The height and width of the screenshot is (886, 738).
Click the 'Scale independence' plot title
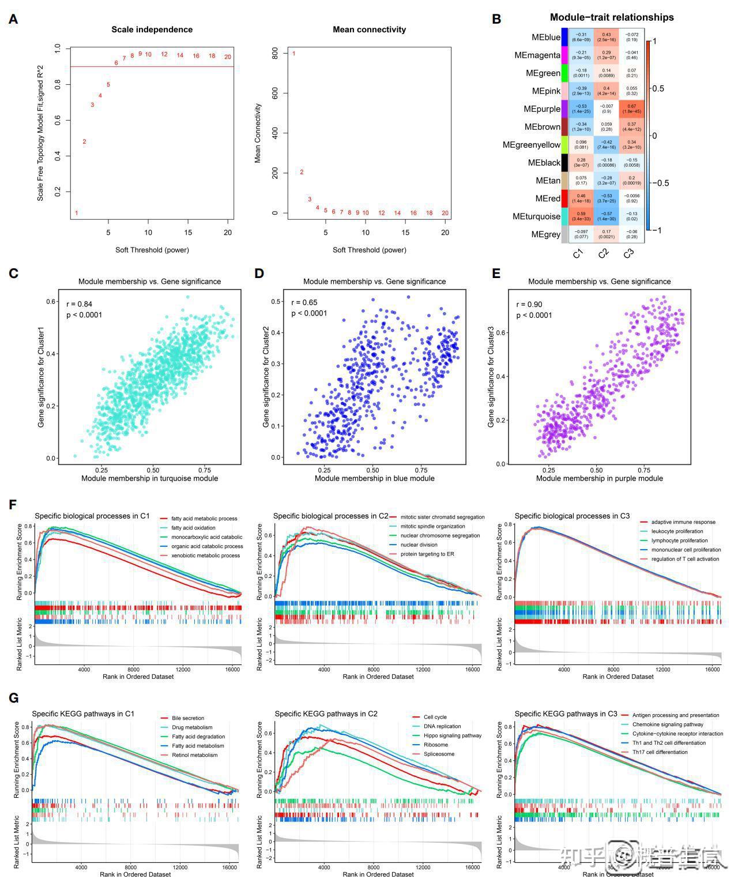coord(152,29)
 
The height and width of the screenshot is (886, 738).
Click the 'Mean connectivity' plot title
coord(369,29)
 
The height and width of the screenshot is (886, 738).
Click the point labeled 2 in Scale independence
coord(84,142)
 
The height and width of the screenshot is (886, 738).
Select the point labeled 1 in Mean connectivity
coord(293,54)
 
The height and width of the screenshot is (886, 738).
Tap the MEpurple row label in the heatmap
coord(542,109)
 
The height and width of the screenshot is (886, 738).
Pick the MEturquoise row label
coord(536,217)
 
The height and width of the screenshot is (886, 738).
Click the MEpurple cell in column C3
coord(632,109)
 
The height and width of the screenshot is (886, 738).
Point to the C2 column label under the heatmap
coord(603,253)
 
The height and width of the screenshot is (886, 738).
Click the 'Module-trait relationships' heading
coord(612,17)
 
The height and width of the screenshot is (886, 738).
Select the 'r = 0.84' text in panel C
coord(80,304)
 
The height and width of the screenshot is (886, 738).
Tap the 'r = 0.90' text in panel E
coord(529,305)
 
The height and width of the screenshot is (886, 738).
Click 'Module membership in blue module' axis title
coord(375,478)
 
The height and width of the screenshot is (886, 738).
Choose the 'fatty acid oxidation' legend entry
coord(193,528)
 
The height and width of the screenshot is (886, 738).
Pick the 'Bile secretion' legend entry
coord(188,718)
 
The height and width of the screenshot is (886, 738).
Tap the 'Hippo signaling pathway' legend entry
coord(453,735)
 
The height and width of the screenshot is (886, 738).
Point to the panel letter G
coord(14,699)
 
